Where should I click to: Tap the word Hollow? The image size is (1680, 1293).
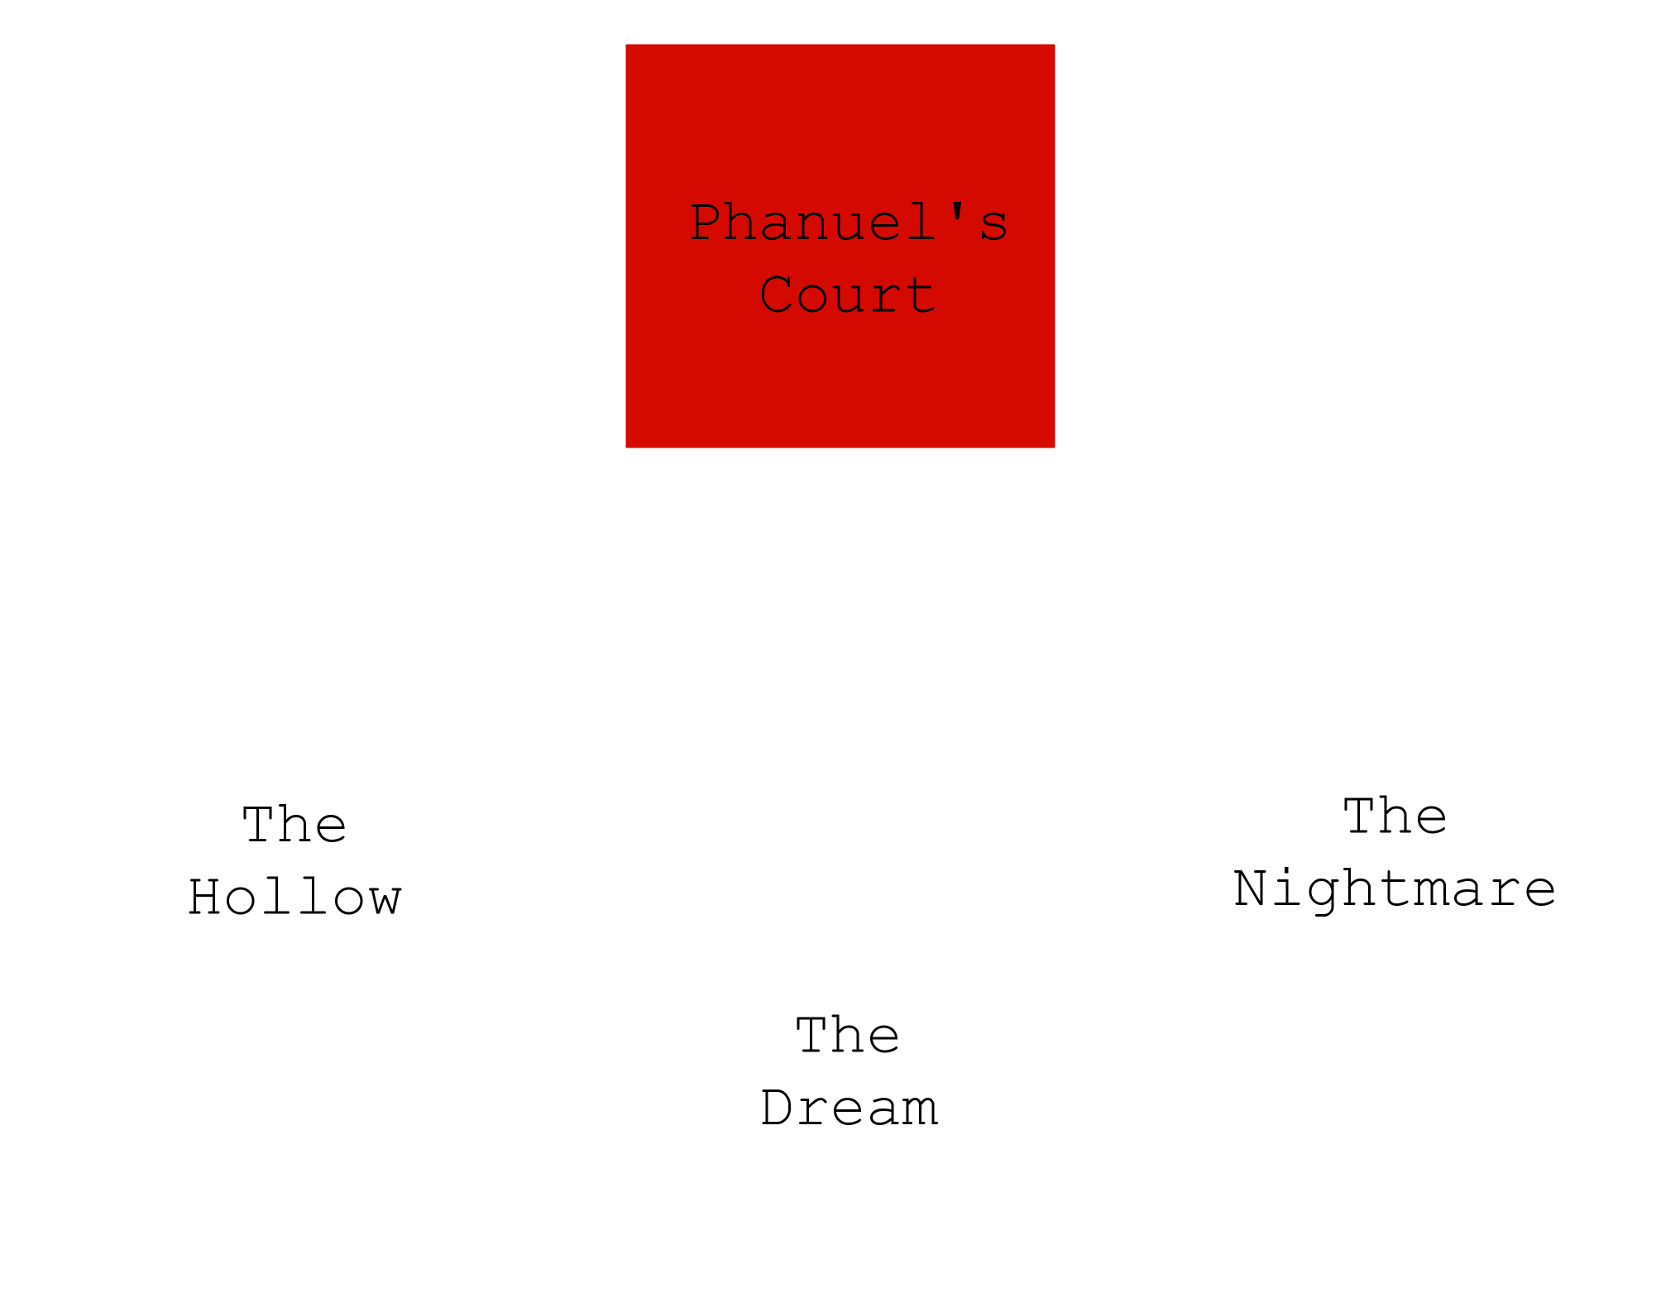coord(294,897)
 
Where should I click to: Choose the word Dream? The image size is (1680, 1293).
coord(849,1108)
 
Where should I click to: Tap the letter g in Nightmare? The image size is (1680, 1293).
coord(1323,895)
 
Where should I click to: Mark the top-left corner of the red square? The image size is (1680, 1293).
coord(626,45)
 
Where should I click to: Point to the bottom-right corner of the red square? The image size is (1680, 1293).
coord(1055,448)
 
